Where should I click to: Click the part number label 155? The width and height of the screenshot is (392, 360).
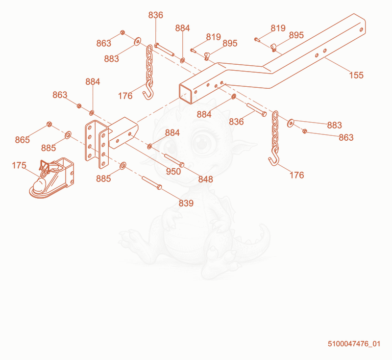(356, 75)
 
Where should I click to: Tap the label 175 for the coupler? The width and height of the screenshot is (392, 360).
(19, 165)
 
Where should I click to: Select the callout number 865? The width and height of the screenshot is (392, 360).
(22, 140)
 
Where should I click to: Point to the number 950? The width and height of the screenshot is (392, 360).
(173, 172)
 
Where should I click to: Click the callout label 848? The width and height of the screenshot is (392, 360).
(205, 179)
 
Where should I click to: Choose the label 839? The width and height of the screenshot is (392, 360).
(186, 203)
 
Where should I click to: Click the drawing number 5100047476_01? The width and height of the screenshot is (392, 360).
(354, 344)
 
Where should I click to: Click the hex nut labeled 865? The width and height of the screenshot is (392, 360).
(49, 124)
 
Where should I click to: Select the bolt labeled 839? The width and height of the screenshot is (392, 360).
(152, 182)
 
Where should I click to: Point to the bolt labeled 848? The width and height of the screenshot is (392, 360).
(174, 160)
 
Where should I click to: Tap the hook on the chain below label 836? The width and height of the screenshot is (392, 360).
(148, 94)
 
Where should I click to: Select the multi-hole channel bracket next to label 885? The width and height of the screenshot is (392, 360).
(97, 144)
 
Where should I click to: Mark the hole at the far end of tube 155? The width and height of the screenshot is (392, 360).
(361, 29)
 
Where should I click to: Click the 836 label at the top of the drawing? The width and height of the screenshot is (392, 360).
(155, 15)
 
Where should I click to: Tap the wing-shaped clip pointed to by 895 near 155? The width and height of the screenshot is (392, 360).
(273, 47)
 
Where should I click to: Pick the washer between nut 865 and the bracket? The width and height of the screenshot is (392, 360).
(68, 135)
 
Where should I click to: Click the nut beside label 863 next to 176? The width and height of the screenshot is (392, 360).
(304, 131)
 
